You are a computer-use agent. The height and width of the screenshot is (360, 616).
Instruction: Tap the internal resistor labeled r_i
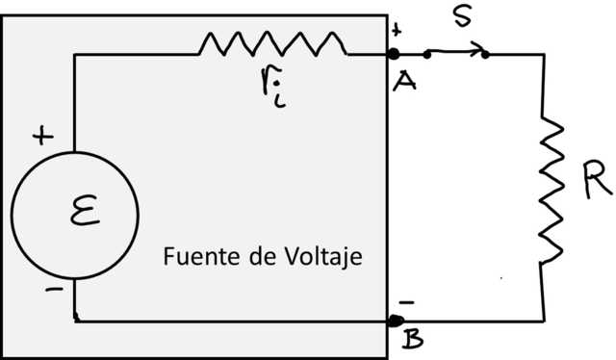(x=272, y=43)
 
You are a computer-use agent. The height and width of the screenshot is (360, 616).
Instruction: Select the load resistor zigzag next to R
(x=551, y=189)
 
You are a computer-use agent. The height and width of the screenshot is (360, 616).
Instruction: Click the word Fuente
(x=194, y=258)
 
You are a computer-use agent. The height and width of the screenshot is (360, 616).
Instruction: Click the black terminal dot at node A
(x=393, y=54)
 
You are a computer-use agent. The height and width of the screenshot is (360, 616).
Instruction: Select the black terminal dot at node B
(x=396, y=321)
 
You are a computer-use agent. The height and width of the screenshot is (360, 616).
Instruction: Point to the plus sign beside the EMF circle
(x=42, y=137)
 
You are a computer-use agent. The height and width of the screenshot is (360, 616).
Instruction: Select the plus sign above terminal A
(x=396, y=32)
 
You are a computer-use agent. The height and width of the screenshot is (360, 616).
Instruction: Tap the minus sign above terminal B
(x=406, y=302)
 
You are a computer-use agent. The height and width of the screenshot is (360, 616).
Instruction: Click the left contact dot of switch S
(x=427, y=55)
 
